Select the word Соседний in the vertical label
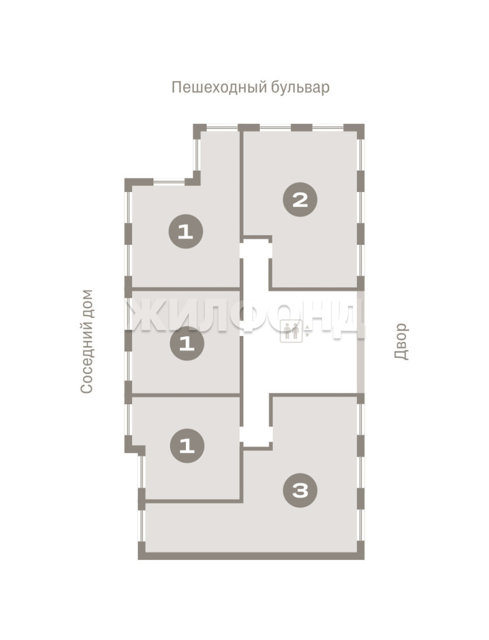(87, 360)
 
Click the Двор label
(401, 341)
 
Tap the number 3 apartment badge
(301, 491)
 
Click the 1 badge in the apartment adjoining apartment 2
(186, 232)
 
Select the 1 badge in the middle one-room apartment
(187, 344)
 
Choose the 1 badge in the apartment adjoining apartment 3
(187, 446)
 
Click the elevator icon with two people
(291, 331)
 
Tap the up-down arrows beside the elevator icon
(307, 331)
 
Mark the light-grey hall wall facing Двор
(361, 342)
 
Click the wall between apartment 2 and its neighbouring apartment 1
(241, 184)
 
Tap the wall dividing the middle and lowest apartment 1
(185, 395)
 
